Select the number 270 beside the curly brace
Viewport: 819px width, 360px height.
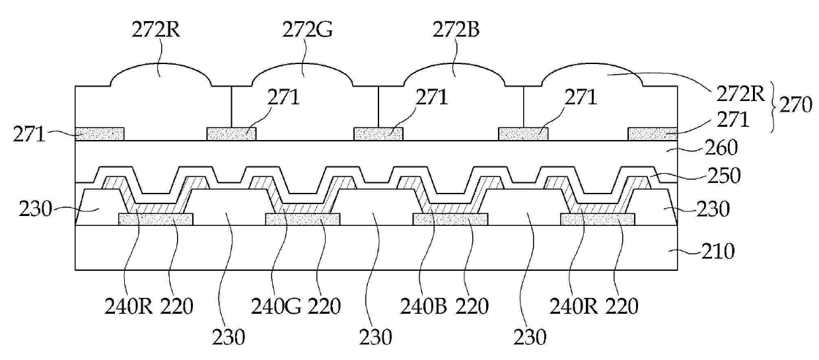coord(795,105)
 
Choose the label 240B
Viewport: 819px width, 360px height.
coord(419,306)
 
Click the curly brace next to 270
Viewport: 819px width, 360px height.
coord(772,106)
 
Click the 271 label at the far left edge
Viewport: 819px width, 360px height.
coord(28,135)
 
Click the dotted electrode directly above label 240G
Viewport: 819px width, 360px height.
coord(303,219)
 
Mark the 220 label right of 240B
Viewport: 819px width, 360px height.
coord(472,306)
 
